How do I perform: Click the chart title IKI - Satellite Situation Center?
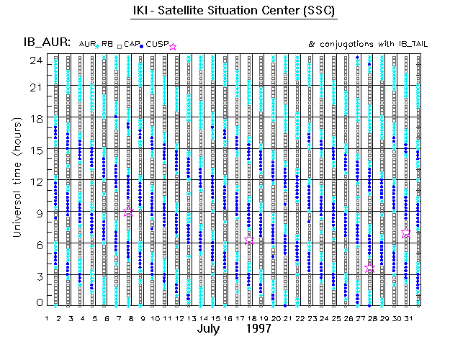coord(235,12)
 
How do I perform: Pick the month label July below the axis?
coord(211,328)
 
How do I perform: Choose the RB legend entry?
coord(107,45)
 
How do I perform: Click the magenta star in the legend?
coord(172,46)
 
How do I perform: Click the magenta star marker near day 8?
coord(129,213)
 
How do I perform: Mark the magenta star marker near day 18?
coord(249,240)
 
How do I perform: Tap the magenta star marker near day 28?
coord(370,268)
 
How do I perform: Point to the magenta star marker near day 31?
coord(406,234)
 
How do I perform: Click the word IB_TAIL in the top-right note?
coord(413,44)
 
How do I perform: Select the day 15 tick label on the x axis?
coord(215,318)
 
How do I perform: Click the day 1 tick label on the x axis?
coord(47,318)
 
